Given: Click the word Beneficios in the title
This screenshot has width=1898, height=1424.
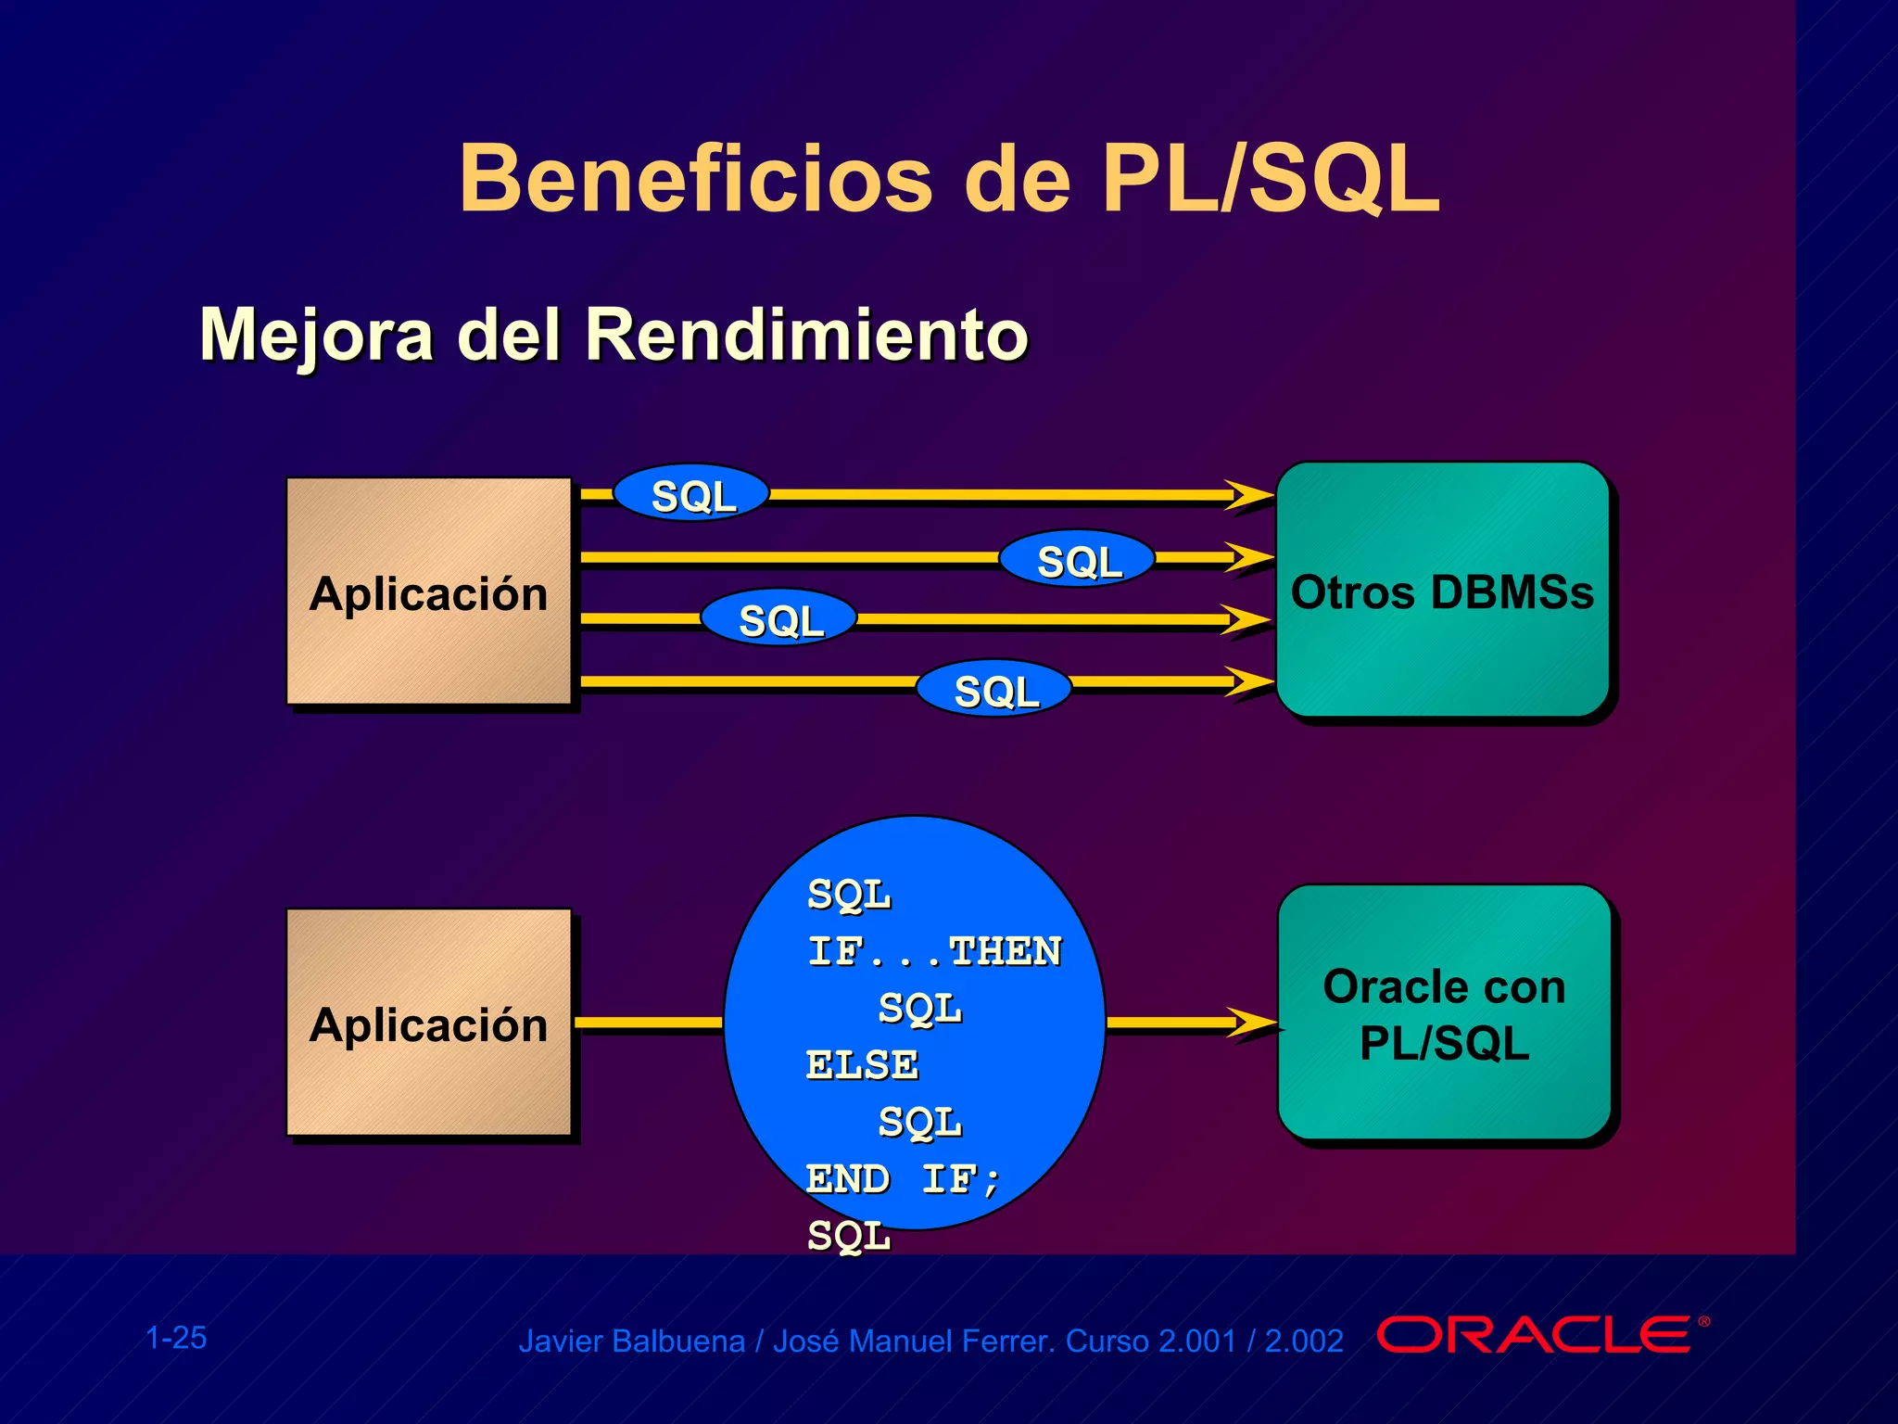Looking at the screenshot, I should (x=695, y=178).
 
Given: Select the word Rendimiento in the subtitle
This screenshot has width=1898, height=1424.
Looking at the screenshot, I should (x=806, y=335).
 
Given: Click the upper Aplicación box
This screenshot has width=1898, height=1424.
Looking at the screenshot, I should (x=428, y=591).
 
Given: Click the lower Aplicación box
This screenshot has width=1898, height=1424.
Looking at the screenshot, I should (x=428, y=1023).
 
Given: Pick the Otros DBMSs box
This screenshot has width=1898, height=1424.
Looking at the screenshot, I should (x=1442, y=591).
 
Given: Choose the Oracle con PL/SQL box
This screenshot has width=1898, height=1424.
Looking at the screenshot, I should (x=1444, y=1013).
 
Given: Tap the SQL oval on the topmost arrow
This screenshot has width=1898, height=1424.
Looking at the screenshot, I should (x=692, y=494).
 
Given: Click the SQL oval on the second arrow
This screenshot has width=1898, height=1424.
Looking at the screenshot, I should (x=1078, y=560).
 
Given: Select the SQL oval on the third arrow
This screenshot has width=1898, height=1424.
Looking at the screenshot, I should (x=779, y=618).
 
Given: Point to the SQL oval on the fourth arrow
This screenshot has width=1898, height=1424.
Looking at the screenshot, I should (x=994, y=690).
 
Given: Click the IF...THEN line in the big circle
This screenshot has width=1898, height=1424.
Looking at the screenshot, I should (x=934, y=951).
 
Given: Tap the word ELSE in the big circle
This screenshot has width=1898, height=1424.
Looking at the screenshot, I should (x=862, y=1064).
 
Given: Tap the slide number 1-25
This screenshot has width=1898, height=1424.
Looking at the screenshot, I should (x=176, y=1338).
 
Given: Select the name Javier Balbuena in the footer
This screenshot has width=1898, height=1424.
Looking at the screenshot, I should (x=631, y=1341).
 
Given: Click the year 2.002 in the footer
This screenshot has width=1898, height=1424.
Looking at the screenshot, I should (x=1303, y=1341).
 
